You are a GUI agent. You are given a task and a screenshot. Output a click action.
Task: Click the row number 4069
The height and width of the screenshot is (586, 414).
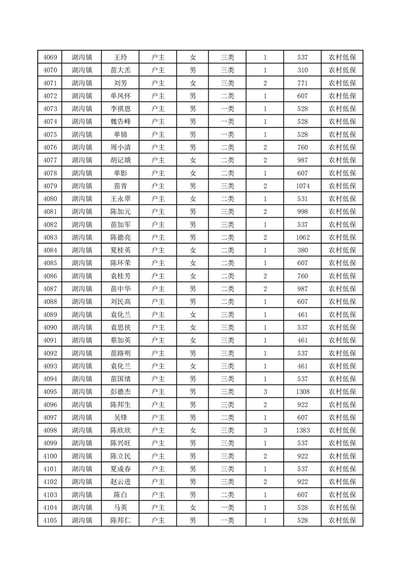[x=50, y=57]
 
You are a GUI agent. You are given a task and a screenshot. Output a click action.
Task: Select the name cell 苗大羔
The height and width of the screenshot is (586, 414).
[x=121, y=71]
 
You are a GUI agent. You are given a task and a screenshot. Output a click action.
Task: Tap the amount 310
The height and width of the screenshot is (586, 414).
[x=302, y=71]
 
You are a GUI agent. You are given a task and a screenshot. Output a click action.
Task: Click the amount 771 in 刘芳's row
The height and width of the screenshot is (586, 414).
[x=302, y=83]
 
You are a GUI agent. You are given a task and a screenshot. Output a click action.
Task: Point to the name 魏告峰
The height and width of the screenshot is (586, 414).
[x=121, y=122]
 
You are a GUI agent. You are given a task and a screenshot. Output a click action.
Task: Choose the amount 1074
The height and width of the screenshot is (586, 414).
[x=302, y=186]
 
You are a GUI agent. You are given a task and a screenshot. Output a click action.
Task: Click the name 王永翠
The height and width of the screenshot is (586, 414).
[x=121, y=198]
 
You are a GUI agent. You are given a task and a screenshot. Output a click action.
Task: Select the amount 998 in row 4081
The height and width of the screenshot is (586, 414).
[x=302, y=212]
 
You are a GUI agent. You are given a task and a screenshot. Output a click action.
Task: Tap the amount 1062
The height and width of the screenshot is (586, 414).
[x=302, y=237]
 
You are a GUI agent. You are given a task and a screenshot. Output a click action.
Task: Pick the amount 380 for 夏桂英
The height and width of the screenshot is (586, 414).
[x=302, y=250]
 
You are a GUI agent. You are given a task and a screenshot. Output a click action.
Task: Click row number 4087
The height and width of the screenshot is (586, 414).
[x=50, y=289]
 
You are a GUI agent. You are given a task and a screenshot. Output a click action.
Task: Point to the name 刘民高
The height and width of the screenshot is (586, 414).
[x=121, y=301]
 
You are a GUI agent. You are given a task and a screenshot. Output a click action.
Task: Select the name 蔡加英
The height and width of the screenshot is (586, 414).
[x=121, y=340]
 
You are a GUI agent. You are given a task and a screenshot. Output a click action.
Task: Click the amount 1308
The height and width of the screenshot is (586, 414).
[x=302, y=391]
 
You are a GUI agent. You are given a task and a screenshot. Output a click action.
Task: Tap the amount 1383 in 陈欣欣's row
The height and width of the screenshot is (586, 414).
[x=302, y=430]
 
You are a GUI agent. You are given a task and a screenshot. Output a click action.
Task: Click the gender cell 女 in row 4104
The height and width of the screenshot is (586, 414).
[x=193, y=507]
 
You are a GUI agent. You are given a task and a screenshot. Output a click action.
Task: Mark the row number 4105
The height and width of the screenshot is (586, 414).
[x=50, y=520]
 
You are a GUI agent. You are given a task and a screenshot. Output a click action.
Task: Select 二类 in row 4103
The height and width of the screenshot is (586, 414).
[x=227, y=494]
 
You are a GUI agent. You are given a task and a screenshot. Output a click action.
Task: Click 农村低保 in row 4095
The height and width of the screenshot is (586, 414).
[x=342, y=391]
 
